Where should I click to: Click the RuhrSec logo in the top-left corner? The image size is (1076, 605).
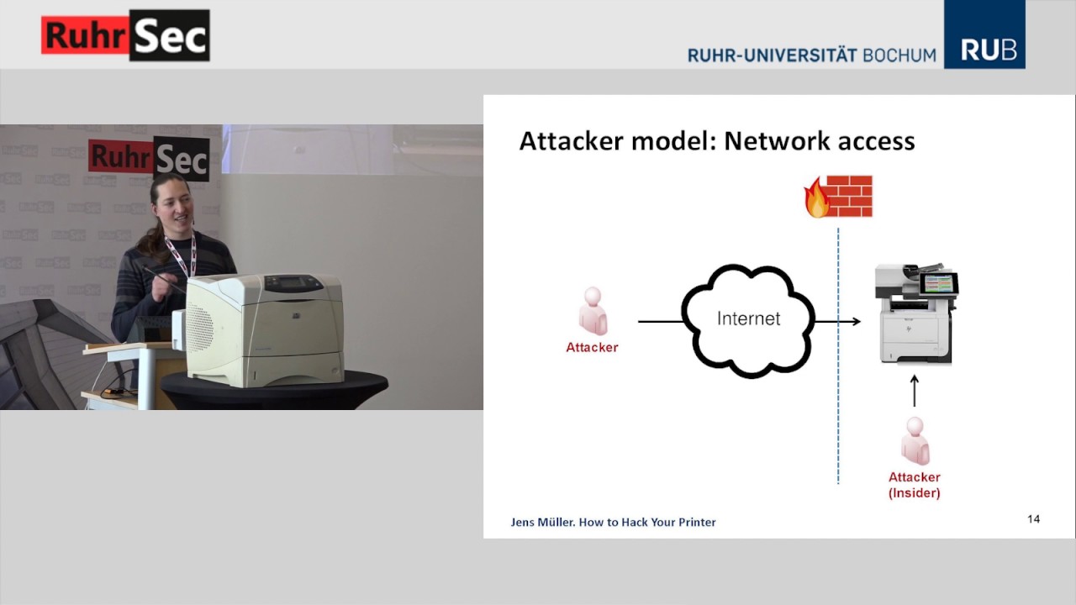(125, 35)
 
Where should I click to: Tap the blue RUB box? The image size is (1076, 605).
(984, 35)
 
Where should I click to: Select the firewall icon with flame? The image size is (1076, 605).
(838, 197)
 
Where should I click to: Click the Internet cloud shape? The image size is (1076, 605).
(747, 320)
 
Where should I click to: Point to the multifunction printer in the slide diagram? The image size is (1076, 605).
(916, 313)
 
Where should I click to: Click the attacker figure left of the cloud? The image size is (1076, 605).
(593, 311)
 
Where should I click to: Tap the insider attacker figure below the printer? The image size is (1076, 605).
(915, 441)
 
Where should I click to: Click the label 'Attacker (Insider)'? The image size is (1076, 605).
(915, 485)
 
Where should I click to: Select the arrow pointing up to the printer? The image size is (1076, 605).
(915, 391)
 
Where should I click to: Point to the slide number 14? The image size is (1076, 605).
(1033, 519)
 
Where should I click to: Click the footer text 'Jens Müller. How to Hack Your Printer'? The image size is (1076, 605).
(613, 522)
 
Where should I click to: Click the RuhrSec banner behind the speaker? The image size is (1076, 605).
(149, 157)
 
